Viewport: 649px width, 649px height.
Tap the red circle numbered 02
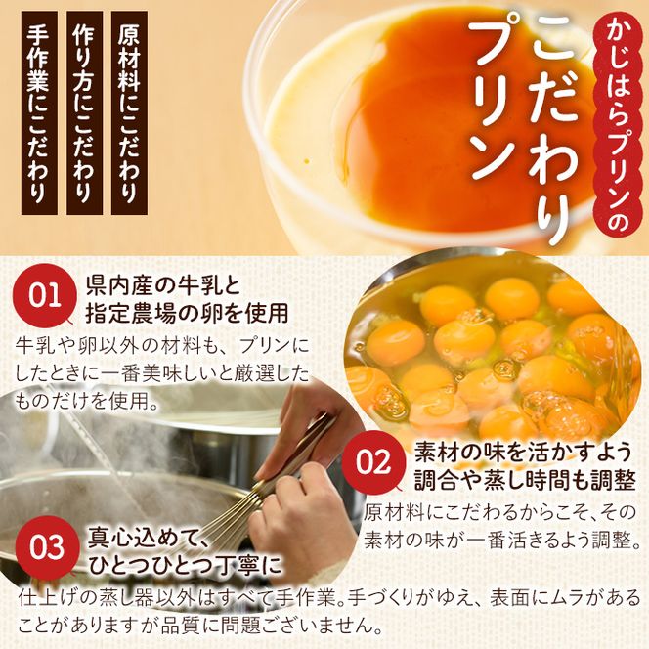coord(373,461)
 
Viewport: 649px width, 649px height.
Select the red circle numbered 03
coord(46,547)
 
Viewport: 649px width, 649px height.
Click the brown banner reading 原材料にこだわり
coord(129,112)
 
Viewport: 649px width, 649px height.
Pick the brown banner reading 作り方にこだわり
coord(84,112)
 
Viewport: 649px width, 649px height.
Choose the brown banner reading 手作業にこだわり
coord(39,112)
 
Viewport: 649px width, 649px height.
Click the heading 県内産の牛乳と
coord(163,285)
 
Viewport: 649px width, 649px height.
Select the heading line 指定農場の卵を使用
coord(187,314)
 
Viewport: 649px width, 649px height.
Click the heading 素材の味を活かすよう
coord(524,452)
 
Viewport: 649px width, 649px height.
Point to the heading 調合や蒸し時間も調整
coord(525,480)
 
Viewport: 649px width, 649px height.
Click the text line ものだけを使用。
coord(87,400)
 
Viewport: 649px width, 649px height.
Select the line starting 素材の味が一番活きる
coord(502,539)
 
